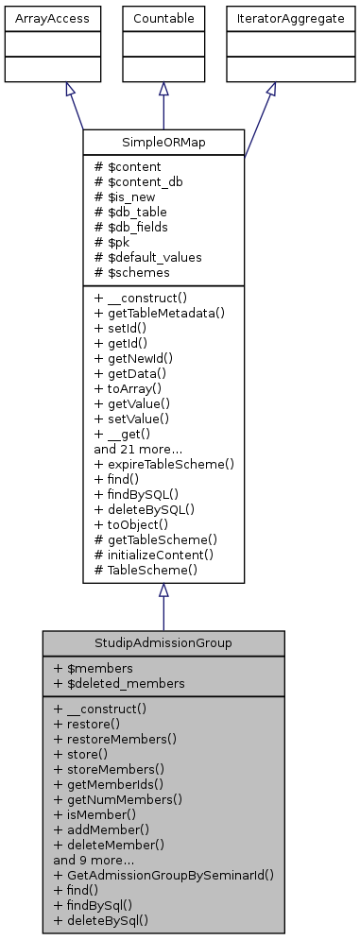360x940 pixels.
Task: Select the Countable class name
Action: point(163,18)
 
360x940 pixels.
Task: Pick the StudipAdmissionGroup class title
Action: point(163,643)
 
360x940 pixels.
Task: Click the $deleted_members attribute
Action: point(124,683)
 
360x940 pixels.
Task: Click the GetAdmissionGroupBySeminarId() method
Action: point(163,875)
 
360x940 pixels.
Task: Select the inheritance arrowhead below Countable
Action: point(163,89)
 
